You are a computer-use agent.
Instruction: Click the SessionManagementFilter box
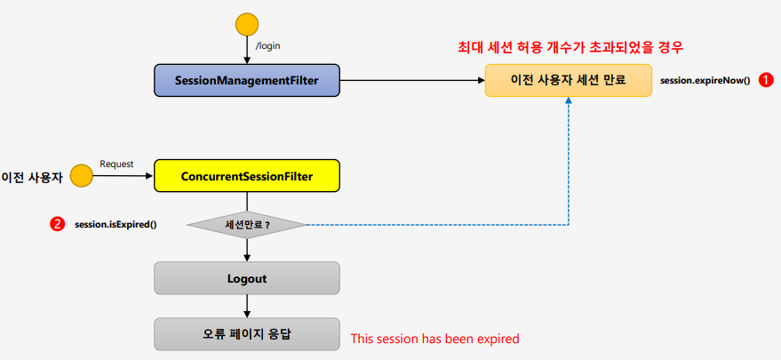point(246,81)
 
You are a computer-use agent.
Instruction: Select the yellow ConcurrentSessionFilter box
point(246,176)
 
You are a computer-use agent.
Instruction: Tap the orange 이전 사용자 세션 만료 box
point(569,80)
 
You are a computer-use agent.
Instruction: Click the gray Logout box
point(246,278)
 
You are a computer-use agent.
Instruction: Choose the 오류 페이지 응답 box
point(246,334)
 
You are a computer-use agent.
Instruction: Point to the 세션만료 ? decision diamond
point(246,224)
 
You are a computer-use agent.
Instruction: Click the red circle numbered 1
point(766,79)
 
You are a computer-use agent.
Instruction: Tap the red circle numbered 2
point(58,224)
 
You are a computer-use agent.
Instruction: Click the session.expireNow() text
point(705,80)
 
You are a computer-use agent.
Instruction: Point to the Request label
point(116,164)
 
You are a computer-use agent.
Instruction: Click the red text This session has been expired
point(434,339)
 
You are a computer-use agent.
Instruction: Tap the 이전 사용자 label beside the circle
point(33,177)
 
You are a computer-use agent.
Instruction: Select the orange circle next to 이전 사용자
point(82,176)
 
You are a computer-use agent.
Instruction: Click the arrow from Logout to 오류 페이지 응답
point(247,306)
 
